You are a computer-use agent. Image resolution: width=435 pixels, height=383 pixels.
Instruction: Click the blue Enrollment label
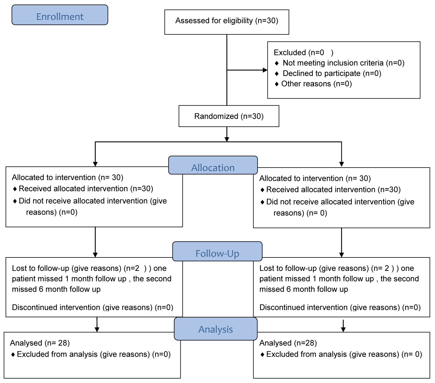(x=60, y=15)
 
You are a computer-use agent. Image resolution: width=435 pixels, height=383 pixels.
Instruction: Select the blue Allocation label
(x=213, y=165)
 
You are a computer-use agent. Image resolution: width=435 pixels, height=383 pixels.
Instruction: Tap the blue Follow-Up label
(x=217, y=251)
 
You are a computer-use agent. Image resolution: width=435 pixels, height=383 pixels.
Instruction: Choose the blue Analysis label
(x=215, y=329)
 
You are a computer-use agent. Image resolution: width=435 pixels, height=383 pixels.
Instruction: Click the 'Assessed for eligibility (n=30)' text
(x=227, y=21)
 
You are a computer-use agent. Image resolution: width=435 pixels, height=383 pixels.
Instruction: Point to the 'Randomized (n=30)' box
(x=229, y=116)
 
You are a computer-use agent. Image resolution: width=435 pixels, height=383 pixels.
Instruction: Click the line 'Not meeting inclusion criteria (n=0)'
(x=344, y=63)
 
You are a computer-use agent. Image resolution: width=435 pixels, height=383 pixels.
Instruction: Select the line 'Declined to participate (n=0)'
(x=332, y=73)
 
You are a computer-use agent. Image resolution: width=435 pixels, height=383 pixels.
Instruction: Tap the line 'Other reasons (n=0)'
(x=316, y=84)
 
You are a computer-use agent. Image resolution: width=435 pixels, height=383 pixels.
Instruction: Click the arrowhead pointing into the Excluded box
(x=265, y=70)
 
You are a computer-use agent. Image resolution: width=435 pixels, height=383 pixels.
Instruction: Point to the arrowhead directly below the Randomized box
(x=227, y=139)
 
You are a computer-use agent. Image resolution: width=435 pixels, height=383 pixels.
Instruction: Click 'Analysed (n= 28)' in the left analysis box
(x=40, y=343)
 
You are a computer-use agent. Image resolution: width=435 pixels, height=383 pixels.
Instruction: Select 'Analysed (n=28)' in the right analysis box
(x=288, y=343)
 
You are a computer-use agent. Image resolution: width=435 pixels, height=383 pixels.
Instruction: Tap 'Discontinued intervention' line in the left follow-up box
(x=93, y=307)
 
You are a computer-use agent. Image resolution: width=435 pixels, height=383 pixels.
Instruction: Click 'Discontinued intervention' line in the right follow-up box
(x=340, y=307)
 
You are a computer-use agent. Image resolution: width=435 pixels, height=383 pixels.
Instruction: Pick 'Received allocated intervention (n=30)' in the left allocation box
(x=86, y=189)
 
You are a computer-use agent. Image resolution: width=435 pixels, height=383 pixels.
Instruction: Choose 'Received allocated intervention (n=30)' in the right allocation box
(x=333, y=190)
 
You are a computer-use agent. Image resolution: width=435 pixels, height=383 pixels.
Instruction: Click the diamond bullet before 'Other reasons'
(x=277, y=84)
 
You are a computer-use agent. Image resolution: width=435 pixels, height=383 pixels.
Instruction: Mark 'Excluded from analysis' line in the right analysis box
(x=344, y=354)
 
